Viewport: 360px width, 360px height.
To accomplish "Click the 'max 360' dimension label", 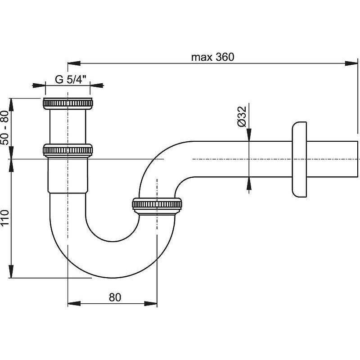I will click(213, 57).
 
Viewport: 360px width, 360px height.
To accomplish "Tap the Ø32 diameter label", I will click(241, 117).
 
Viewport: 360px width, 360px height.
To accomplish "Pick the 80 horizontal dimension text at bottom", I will click(115, 297).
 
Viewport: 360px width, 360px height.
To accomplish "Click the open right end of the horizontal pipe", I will click(358, 159).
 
